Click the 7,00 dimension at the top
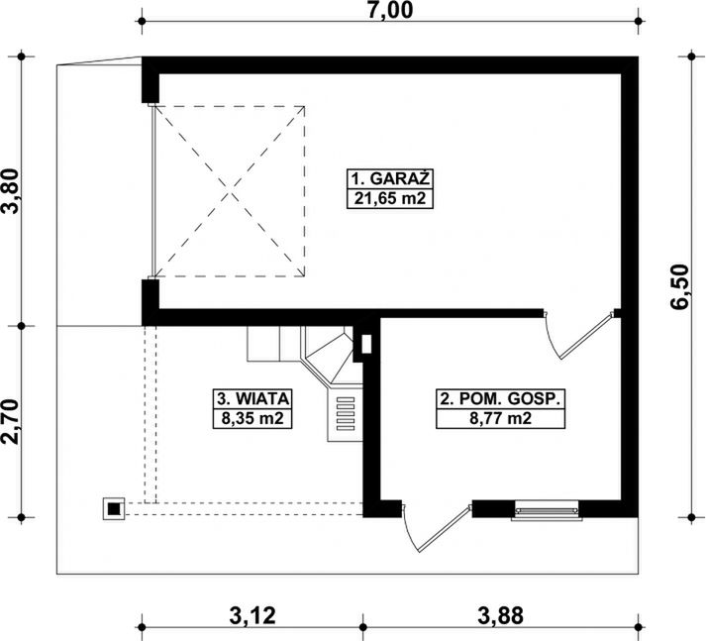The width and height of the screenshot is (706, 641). tap(390, 10)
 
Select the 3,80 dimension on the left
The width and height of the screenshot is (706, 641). tap(11, 191)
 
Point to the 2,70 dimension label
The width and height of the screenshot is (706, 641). tap(11, 422)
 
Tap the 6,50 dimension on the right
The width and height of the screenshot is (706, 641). tap(678, 287)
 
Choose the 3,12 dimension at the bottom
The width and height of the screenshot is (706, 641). tap(252, 616)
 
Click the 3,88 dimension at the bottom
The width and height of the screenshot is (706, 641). tap(501, 616)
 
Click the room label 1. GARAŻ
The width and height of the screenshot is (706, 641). tap(390, 179)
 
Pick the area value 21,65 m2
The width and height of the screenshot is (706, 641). tap(390, 198)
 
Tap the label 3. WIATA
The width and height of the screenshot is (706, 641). tap(252, 398)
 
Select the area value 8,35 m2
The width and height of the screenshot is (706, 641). tap(252, 418)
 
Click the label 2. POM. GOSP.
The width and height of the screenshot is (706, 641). tap(500, 399)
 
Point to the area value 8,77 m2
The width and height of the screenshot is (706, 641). tap(500, 418)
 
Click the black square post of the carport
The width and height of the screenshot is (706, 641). tap(114, 509)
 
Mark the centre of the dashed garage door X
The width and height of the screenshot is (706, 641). tap(230, 191)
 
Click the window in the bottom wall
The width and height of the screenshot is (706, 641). tap(547, 510)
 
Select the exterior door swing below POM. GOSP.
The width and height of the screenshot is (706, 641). tap(436, 528)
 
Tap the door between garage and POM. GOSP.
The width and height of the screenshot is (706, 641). tap(578, 334)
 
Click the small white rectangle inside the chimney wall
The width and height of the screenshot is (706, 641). tap(367, 344)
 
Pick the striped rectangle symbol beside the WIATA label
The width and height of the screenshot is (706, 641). tap(346, 414)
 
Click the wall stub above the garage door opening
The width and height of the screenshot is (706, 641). tap(150, 80)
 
